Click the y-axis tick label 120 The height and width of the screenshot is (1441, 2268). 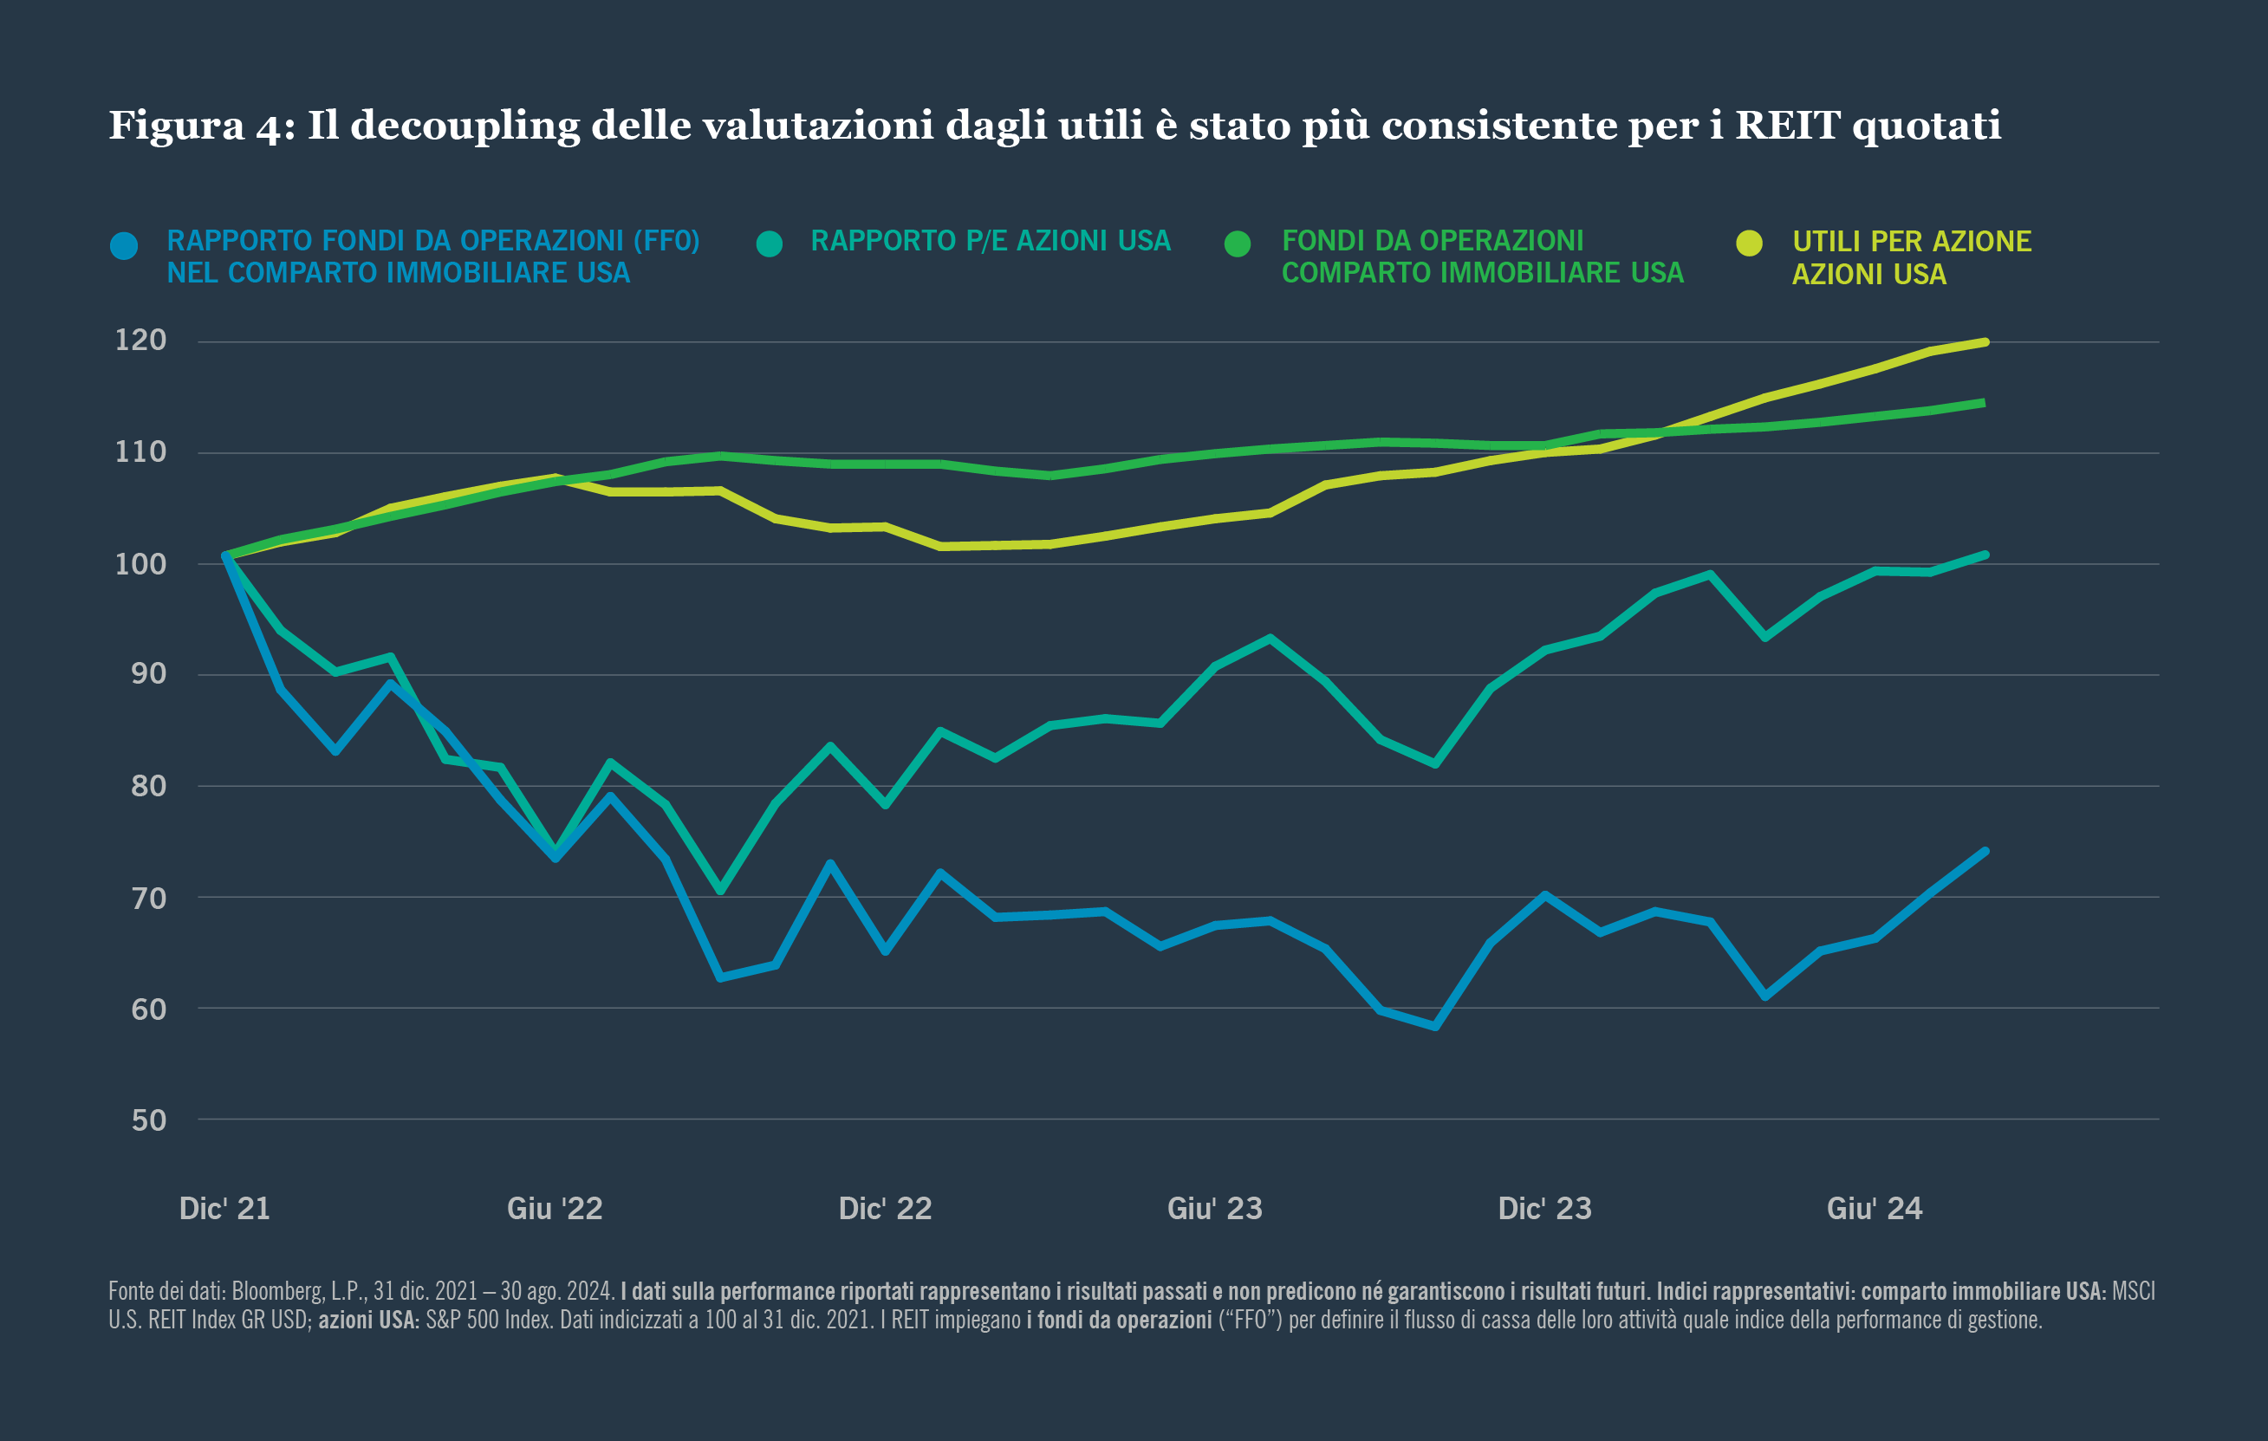tap(140, 340)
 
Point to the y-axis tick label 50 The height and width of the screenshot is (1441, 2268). tap(149, 1120)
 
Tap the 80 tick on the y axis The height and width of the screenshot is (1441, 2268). tap(149, 785)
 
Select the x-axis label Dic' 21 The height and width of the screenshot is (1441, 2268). tap(224, 1209)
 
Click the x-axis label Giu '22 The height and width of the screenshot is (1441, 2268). tap(555, 1209)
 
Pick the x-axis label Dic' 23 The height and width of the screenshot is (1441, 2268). tap(1544, 1209)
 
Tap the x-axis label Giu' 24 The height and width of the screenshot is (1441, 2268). tap(1875, 1209)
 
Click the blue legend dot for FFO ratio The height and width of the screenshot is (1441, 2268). tap(124, 246)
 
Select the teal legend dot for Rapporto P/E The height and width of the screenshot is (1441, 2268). tap(770, 244)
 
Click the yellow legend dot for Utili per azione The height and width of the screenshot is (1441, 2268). tap(1749, 243)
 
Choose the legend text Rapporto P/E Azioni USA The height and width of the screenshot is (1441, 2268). tap(990, 241)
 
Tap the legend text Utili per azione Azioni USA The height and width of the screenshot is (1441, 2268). tap(1911, 257)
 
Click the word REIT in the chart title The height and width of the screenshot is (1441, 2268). tap(1787, 126)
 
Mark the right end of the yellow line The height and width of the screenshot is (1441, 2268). tap(1985, 342)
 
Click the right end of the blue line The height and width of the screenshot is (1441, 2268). tap(1985, 852)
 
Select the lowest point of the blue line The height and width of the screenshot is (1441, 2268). tap(1434, 1027)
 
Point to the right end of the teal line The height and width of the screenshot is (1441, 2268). tap(1985, 555)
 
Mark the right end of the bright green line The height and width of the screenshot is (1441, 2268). tap(1983, 403)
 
